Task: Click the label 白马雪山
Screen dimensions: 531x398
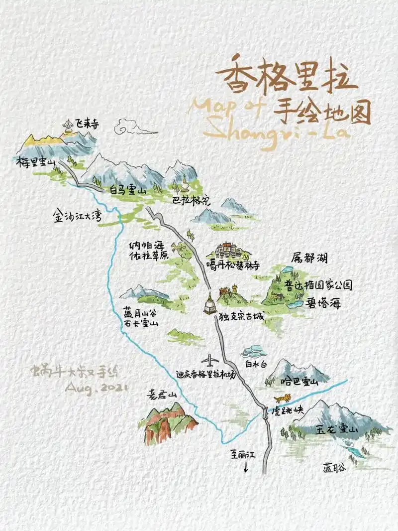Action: pos(126,190)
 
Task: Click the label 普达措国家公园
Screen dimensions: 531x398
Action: pos(318,285)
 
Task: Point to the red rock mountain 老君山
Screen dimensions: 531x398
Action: pos(169,423)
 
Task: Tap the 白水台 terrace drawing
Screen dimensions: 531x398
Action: pos(253,352)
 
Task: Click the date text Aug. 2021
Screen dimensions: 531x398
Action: pos(97,387)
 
